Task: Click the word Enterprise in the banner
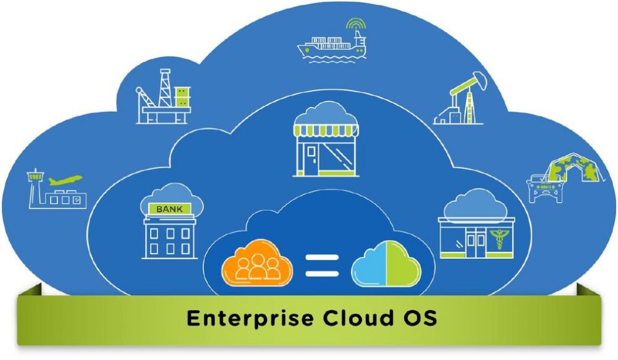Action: tap(250, 318)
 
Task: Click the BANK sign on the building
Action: tap(170, 209)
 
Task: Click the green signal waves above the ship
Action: tap(356, 24)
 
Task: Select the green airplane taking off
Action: tap(65, 180)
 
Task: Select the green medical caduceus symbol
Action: tap(499, 240)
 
